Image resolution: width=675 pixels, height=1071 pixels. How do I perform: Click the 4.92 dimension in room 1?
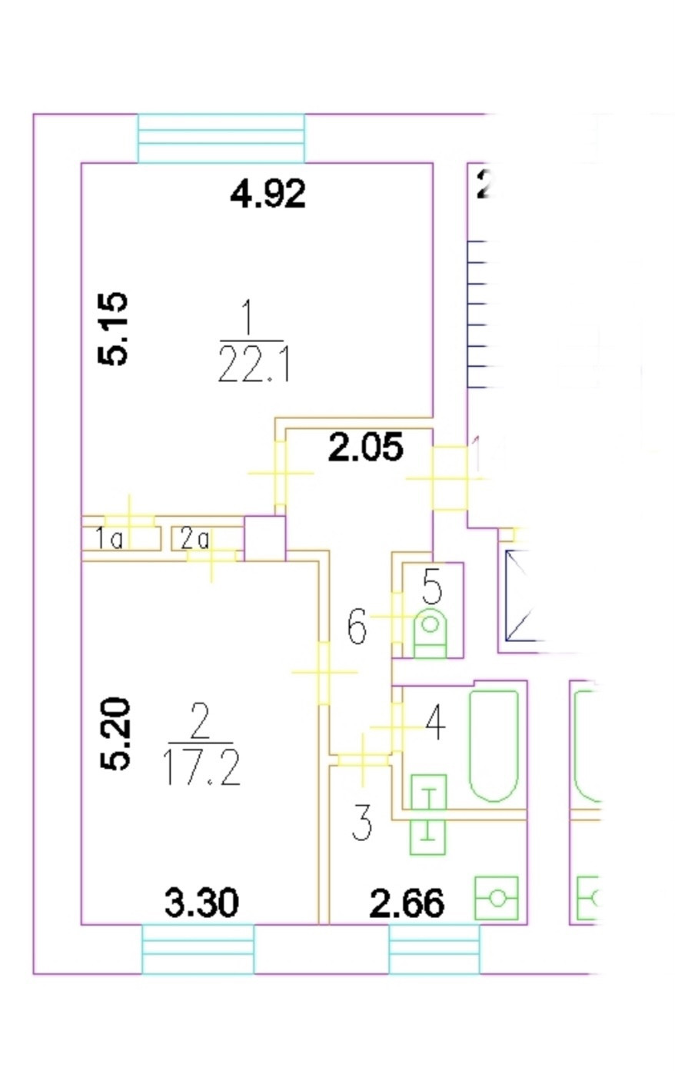[x=268, y=193]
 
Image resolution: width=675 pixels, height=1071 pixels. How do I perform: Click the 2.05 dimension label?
[x=365, y=447]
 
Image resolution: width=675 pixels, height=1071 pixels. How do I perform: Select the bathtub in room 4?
[x=493, y=744]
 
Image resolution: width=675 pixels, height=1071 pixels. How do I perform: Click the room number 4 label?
[x=435, y=723]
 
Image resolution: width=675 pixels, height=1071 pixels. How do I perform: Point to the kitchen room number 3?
[x=361, y=822]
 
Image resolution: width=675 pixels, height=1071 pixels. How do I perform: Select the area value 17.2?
[x=202, y=767]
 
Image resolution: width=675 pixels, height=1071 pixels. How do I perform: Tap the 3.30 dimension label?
[x=201, y=903]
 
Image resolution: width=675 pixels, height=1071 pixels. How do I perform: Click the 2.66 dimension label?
[x=407, y=903]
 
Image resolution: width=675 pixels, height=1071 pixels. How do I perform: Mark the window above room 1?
[x=221, y=138]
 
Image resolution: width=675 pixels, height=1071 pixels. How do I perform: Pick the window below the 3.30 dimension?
[x=198, y=950]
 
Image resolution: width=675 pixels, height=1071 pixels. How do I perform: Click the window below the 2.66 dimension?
[x=434, y=950]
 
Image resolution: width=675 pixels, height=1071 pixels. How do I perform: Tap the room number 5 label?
[x=432, y=589]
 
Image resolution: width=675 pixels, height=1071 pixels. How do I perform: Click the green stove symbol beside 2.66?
[x=497, y=897]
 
